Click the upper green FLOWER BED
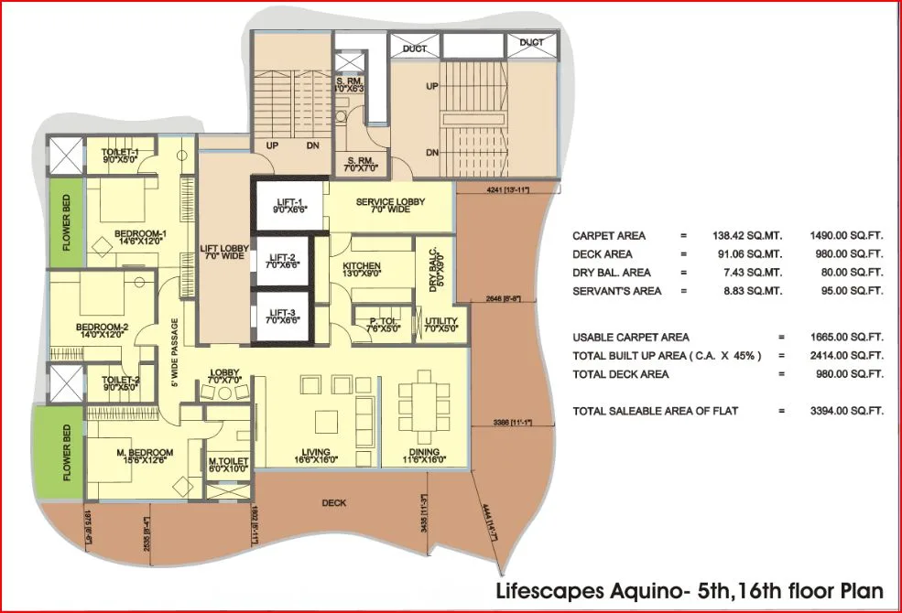66,223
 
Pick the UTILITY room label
443,321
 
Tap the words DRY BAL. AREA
611,273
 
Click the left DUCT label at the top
414,48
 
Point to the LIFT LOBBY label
223,253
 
